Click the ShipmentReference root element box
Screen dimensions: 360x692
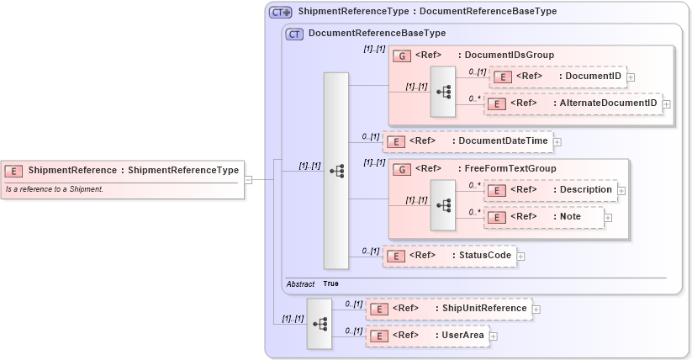click(123, 171)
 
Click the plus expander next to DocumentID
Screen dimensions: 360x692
click(631, 77)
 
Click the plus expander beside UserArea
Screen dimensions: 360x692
click(494, 336)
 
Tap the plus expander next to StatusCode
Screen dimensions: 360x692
click(520, 256)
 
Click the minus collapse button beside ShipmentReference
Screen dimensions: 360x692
click(248, 179)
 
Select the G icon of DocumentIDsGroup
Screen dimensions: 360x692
click(402, 56)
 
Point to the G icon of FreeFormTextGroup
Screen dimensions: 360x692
click(402, 169)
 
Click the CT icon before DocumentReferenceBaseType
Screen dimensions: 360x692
click(294, 34)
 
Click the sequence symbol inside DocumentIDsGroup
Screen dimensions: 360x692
click(442, 92)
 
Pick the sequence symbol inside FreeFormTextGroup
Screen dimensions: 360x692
click(442, 205)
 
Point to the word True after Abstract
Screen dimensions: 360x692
click(331, 283)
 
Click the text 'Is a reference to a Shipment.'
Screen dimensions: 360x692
click(55, 189)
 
